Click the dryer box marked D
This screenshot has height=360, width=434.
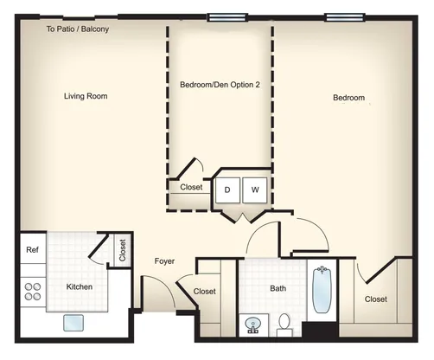(x=227, y=190)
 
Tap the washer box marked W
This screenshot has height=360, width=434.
(x=255, y=190)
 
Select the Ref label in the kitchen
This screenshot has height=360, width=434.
(x=32, y=249)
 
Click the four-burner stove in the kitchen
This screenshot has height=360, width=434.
(x=33, y=292)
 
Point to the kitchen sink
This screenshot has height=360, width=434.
(x=73, y=323)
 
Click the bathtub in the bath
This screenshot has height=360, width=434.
(x=322, y=290)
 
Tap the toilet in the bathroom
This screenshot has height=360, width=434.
(x=284, y=325)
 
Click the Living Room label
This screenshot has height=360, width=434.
(x=86, y=96)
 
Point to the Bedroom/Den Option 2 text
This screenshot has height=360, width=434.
(x=220, y=85)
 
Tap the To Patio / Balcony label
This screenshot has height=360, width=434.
(x=78, y=29)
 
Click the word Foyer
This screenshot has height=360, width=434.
(x=164, y=261)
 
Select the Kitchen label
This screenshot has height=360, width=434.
(x=80, y=286)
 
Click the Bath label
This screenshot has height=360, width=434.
(x=278, y=288)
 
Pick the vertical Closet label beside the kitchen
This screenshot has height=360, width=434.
(x=123, y=250)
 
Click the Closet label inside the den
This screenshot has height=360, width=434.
(x=191, y=187)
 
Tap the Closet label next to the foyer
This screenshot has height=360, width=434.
(x=205, y=292)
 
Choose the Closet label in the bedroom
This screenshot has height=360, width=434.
(x=376, y=299)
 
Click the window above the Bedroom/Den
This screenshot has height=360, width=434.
(x=227, y=17)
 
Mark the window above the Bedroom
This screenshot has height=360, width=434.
(x=345, y=17)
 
